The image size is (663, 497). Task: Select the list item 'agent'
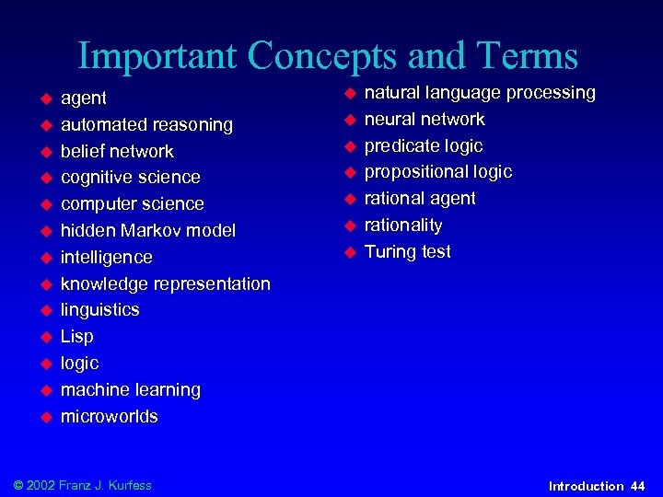(84, 98)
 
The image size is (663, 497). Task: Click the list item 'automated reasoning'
(146, 124)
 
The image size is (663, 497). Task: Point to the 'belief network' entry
(117, 151)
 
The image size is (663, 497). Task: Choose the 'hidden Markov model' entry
(148, 230)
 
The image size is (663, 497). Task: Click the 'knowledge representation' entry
(166, 283)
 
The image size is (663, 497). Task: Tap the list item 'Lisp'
(77, 337)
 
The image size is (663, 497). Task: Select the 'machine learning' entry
(131, 390)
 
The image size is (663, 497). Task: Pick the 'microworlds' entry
(110, 417)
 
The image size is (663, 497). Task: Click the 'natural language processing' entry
(480, 93)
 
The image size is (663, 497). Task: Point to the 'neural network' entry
(425, 120)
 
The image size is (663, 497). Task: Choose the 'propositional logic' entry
(438, 172)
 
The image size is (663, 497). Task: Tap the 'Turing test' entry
(408, 252)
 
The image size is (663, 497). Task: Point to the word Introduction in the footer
(586, 485)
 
